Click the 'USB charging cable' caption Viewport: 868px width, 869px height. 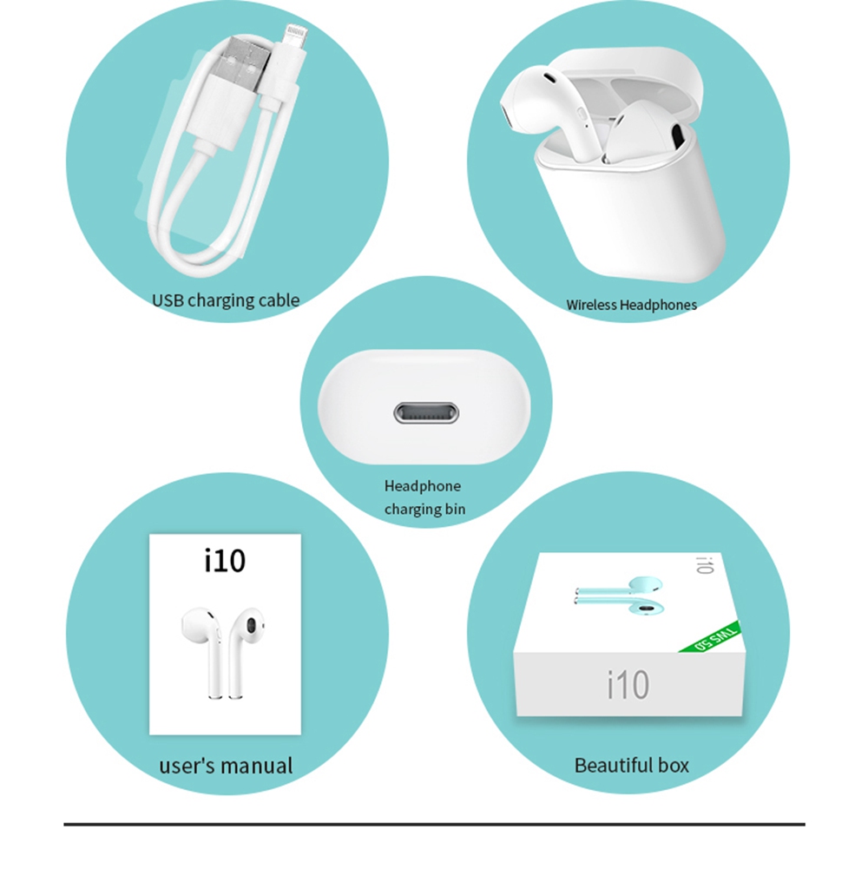[226, 300]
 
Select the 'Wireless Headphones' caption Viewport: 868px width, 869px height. [631, 305]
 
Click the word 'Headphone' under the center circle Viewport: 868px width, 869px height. [423, 486]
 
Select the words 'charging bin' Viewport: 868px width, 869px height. [424, 509]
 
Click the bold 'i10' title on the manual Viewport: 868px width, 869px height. [225, 561]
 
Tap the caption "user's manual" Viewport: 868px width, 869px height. [226, 766]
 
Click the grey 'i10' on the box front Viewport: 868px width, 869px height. [628, 684]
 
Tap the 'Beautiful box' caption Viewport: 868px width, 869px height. [631, 765]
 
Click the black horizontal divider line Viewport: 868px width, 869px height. [434, 823]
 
